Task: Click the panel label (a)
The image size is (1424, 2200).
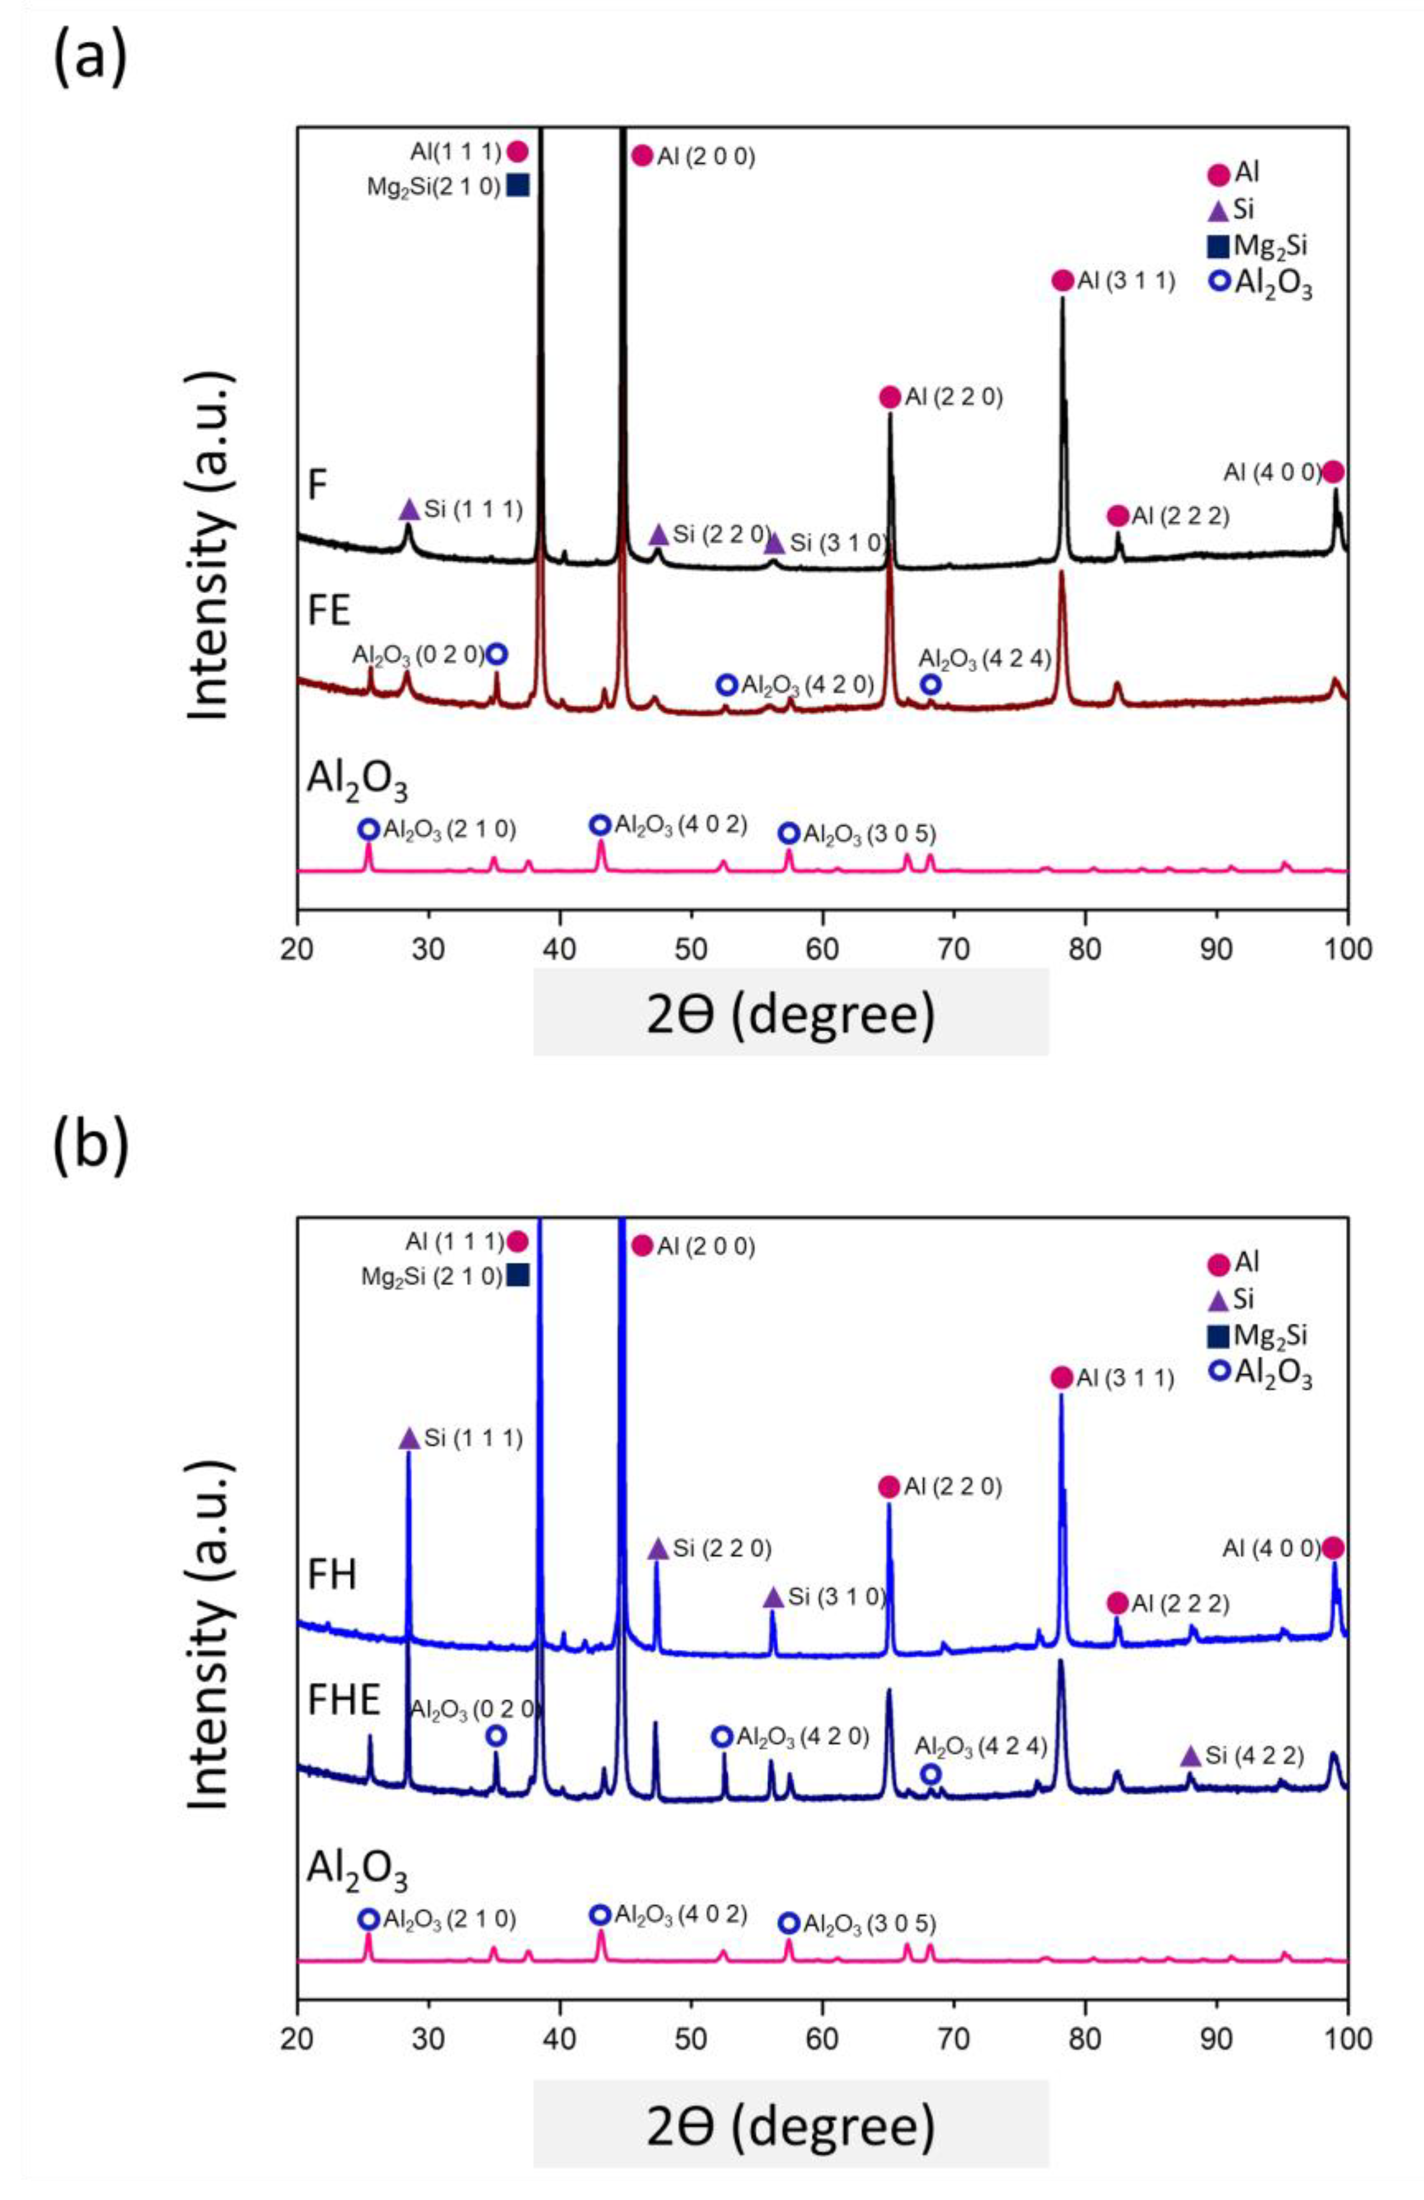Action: (x=90, y=55)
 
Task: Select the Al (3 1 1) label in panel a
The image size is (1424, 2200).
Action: (x=1125, y=281)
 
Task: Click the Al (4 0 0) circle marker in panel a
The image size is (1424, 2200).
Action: (x=1332, y=471)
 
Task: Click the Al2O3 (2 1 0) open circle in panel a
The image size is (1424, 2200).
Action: (x=368, y=829)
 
